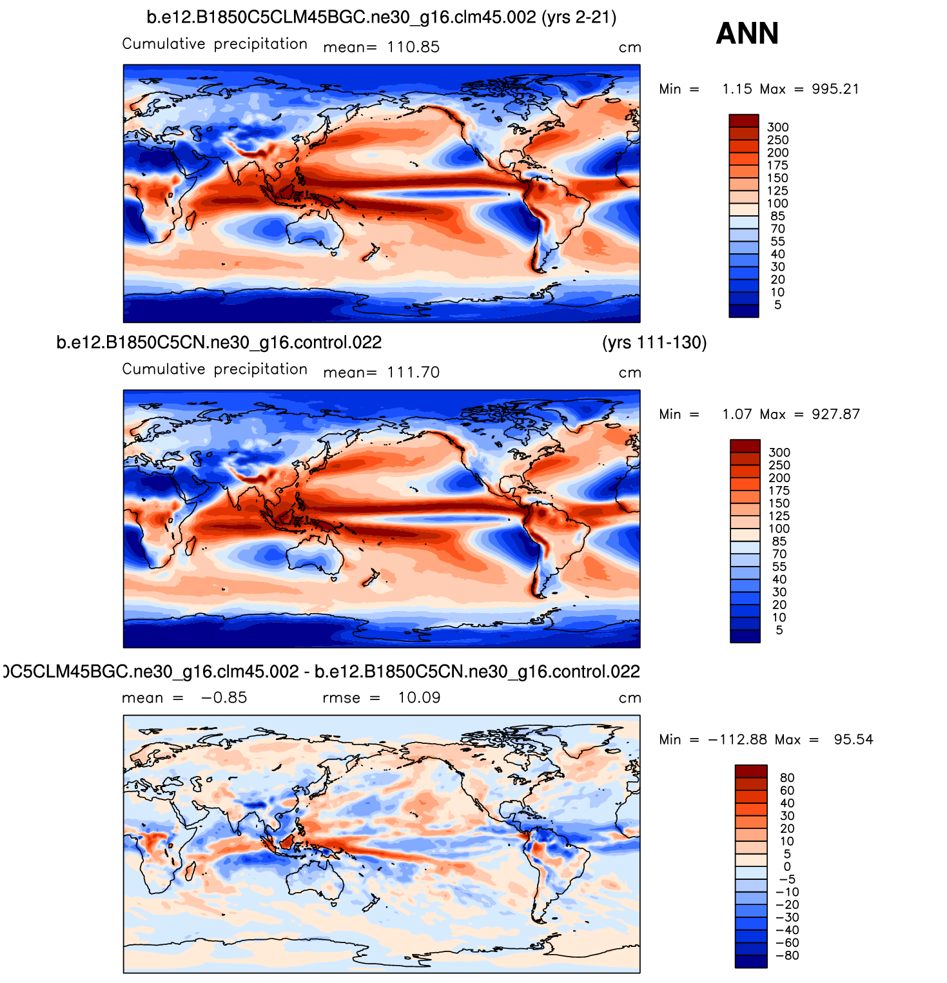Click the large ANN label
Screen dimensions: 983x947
(x=747, y=34)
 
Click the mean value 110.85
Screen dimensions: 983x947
(x=413, y=47)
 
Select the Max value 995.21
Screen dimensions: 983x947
(x=835, y=89)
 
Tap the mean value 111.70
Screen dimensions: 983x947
(x=413, y=373)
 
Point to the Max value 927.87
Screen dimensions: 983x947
(x=836, y=414)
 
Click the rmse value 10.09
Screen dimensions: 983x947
(x=419, y=698)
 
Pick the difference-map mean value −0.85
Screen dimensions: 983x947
(x=224, y=698)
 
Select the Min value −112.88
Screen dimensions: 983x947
(x=737, y=740)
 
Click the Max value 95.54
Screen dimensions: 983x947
(x=854, y=740)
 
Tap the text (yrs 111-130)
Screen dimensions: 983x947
(x=654, y=342)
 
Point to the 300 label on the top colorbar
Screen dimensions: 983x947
(x=778, y=128)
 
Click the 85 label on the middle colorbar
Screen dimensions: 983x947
(x=779, y=541)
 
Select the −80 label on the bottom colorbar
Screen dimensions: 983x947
(x=786, y=955)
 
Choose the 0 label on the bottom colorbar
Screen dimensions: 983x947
(x=787, y=867)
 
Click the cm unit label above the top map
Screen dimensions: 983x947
(x=630, y=48)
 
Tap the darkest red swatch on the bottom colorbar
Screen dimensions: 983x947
(x=751, y=771)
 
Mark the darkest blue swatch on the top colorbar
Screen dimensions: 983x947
(x=744, y=311)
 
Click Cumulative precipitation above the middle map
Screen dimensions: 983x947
(x=215, y=369)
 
